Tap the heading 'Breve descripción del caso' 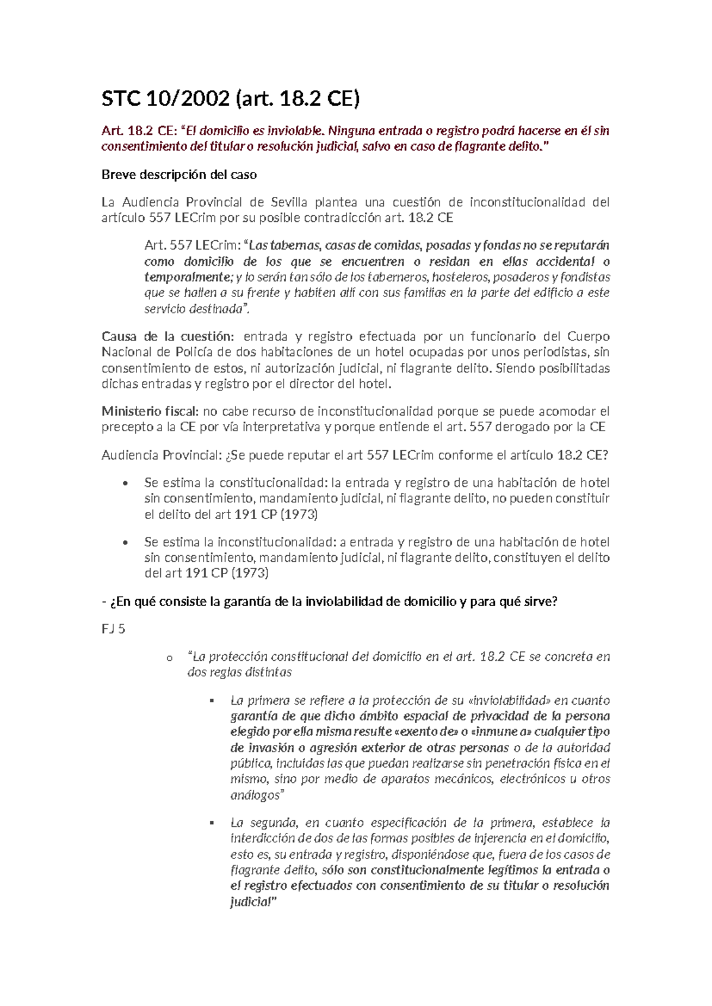[179, 174]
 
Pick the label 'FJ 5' [113, 629]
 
